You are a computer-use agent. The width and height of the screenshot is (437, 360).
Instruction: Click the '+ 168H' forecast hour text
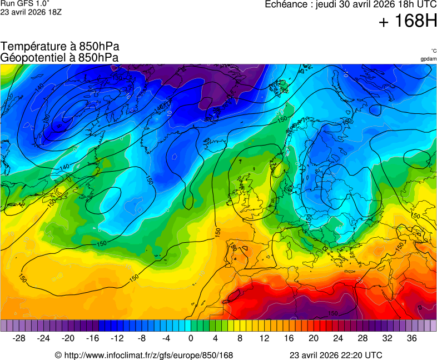point(408,21)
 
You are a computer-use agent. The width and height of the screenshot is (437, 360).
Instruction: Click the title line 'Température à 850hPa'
point(59,47)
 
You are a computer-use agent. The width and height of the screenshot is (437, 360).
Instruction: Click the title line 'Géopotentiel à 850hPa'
point(59,57)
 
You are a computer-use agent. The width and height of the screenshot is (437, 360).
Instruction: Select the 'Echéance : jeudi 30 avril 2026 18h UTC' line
point(350,4)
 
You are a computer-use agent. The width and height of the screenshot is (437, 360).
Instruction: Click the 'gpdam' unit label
point(428,59)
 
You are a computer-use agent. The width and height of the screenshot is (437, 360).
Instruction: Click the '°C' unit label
point(433,51)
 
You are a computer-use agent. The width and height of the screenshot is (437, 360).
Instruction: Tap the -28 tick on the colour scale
point(19,338)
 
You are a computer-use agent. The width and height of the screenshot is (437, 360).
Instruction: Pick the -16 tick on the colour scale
point(93,338)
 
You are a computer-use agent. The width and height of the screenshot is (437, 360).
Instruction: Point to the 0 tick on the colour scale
point(191,338)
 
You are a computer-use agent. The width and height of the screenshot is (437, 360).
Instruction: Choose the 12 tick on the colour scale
point(264,338)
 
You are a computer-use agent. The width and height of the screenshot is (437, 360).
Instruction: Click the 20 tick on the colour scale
point(313,338)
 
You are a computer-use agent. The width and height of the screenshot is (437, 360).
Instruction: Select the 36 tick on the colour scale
point(411,338)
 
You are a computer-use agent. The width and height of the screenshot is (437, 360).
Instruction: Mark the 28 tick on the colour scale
point(362,338)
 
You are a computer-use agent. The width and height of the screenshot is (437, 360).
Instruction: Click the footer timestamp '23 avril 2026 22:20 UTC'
point(336,355)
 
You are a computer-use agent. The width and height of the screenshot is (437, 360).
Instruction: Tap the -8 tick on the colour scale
point(142,338)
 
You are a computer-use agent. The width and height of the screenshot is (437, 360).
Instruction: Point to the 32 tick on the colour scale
point(387,338)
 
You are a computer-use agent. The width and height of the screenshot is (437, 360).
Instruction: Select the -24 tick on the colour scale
point(44,338)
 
